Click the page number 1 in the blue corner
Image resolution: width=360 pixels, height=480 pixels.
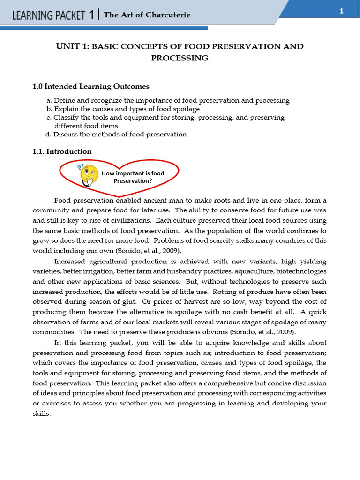tap(341, 12)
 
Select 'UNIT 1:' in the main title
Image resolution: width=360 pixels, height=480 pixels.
tap(72, 46)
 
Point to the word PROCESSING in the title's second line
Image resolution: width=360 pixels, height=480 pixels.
tap(180, 58)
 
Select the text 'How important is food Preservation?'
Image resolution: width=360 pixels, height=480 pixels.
tap(133, 177)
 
